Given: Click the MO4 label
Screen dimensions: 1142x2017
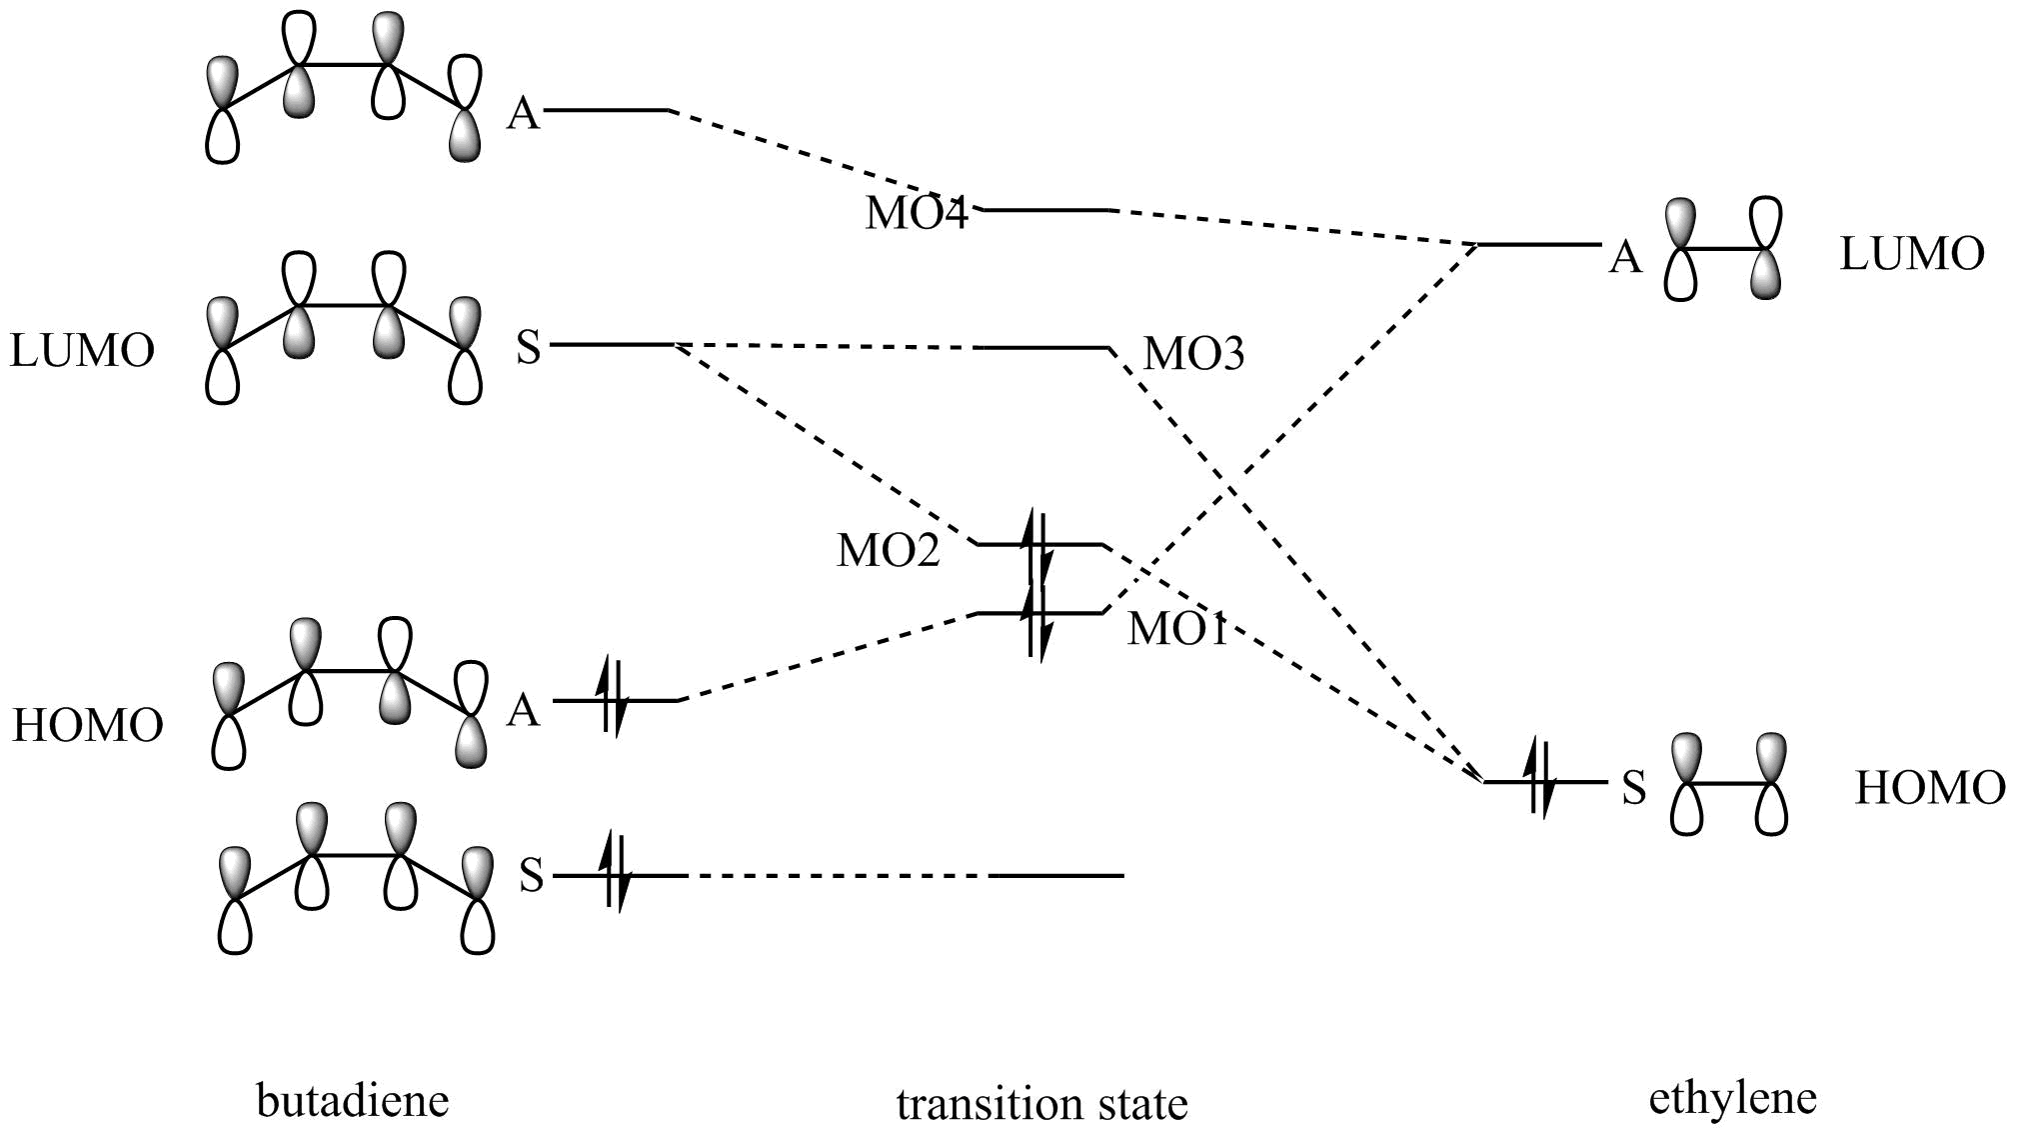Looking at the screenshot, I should [917, 214].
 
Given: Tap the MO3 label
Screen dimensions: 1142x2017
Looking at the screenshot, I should [1193, 354].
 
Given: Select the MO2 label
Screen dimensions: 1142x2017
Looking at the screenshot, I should [888, 551].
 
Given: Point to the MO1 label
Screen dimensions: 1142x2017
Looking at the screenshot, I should [1176, 630].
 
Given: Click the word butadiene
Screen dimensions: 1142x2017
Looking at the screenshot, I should [353, 1101].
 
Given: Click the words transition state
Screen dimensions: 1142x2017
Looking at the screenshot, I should [1041, 1105].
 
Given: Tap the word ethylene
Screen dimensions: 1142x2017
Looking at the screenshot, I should [1732, 1098].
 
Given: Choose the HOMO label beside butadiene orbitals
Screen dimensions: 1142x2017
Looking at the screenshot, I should [87, 726].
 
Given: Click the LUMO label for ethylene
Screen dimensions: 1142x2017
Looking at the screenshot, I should [1911, 255].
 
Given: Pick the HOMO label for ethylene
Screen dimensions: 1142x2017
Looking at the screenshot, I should [1930, 789].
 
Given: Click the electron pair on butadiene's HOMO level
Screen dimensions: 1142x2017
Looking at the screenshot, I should [612, 699].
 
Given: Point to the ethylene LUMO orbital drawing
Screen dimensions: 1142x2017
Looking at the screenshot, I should [1723, 249].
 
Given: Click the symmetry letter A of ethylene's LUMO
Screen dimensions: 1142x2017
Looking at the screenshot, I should [1625, 259].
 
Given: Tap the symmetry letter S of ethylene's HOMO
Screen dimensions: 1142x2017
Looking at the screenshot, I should [1633, 789].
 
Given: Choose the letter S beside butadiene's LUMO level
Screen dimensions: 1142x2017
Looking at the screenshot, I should [528, 348].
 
